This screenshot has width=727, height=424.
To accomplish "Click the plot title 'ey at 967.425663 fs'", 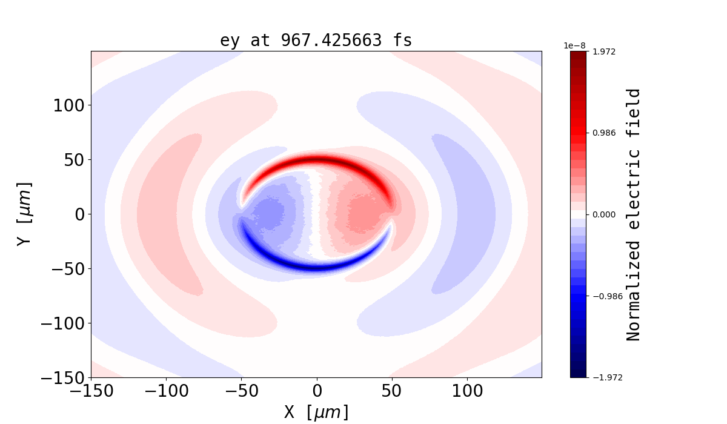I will point(316,41).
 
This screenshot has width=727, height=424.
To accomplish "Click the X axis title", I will point(316,412).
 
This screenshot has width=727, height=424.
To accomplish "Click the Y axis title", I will point(24,214).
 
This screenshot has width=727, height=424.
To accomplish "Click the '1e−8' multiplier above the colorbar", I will point(574,45).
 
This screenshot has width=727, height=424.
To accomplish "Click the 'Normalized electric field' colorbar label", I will point(633,214).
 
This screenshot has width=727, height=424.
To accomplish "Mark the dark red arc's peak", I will point(317,160).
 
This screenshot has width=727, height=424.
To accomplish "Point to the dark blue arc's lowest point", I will point(317,268).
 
